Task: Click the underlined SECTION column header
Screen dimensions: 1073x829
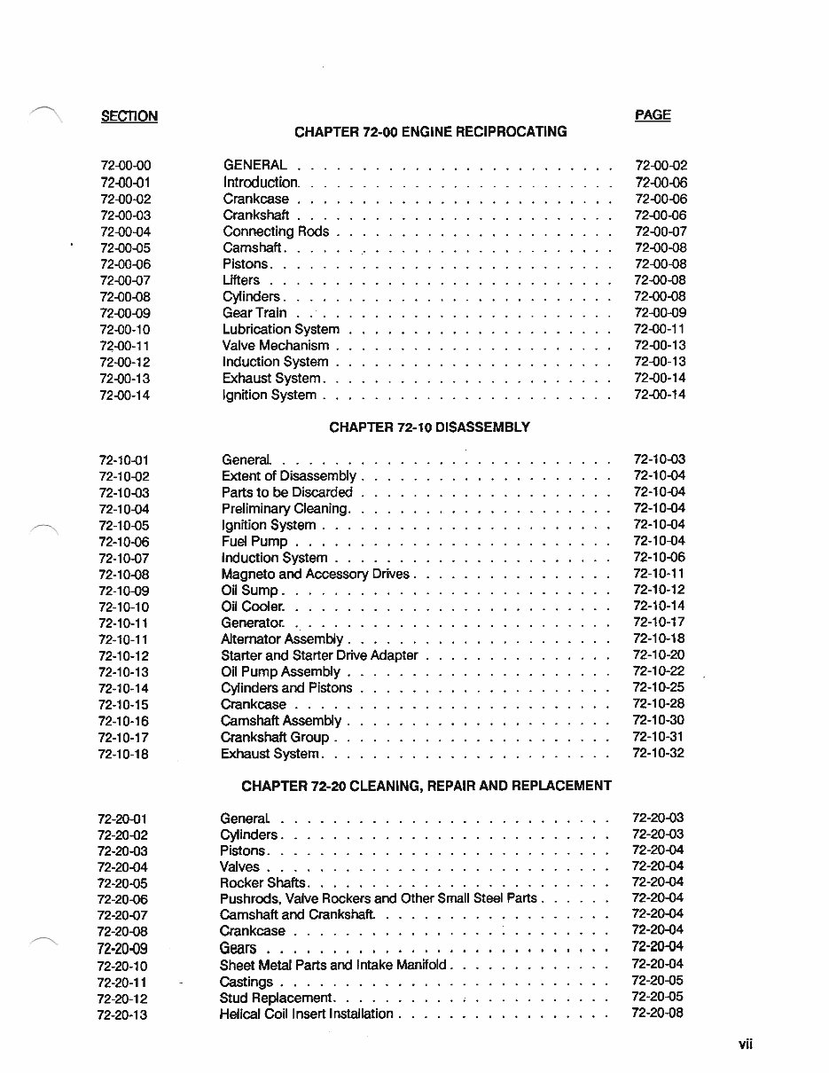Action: pos(129,116)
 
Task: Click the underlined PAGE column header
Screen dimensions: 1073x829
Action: pos(653,115)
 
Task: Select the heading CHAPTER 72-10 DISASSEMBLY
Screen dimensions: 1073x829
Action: pos(429,427)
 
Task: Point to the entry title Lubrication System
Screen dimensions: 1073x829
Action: pos(280,329)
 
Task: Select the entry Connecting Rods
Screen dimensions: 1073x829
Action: pos(276,231)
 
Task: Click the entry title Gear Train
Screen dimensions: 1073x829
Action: pos(254,312)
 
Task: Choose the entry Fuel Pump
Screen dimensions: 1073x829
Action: pos(254,541)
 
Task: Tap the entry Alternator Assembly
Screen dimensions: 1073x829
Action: pos(282,638)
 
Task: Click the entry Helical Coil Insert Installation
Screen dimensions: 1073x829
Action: pos(306,1014)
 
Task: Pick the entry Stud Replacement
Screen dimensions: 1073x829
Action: pos(275,998)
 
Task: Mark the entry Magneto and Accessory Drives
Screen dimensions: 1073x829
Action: pos(315,574)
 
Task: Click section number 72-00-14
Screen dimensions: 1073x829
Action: pos(125,396)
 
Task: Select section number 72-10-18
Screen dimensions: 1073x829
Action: pos(123,754)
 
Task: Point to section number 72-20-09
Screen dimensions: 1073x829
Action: pos(121,949)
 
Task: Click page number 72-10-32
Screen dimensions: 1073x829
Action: pos(658,753)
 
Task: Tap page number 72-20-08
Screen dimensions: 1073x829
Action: pos(657,1013)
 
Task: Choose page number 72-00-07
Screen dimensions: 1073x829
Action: pos(661,231)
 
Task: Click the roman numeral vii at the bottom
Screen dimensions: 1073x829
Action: pos(745,1045)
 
